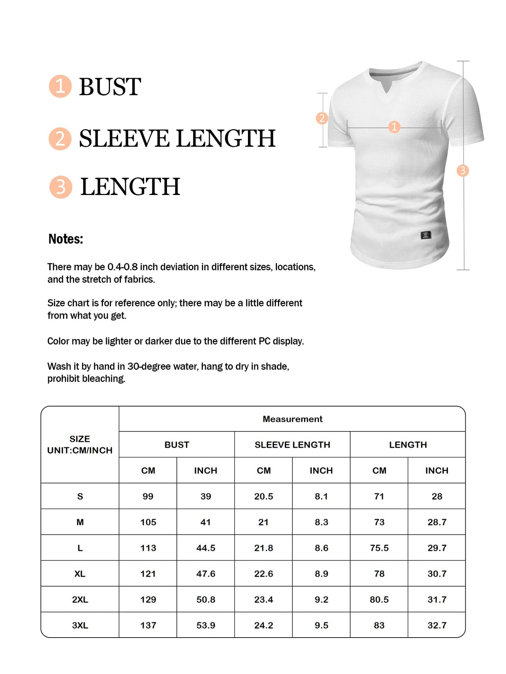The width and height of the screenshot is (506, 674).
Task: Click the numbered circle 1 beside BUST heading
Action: point(60,86)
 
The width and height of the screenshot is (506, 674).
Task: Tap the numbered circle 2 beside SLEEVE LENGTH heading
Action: point(60,138)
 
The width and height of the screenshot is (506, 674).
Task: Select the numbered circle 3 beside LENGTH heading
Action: point(61,187)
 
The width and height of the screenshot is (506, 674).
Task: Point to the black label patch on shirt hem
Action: point(425,235)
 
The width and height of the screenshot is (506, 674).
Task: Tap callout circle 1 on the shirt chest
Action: point(394,127)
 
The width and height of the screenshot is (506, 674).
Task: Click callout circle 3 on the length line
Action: point(463,171)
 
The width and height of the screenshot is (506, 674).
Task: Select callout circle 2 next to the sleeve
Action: point(322,118)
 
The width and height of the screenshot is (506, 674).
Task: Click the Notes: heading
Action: point(65,239)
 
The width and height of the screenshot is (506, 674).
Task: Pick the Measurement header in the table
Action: point(292,419)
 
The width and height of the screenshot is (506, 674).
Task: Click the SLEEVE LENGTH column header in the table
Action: point(292,445)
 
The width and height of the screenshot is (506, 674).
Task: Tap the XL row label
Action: point(80,574)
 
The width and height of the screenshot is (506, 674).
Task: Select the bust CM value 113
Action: point(148,548)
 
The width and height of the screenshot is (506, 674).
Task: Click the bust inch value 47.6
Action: point(206,574)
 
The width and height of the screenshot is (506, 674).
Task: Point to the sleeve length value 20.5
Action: point(263,496)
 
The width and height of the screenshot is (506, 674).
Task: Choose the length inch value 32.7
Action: point(437,625)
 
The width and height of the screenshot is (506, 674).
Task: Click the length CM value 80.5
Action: point(379,599)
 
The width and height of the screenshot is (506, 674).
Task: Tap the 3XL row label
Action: point(80,625)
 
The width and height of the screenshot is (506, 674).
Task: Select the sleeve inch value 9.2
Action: point(321,599)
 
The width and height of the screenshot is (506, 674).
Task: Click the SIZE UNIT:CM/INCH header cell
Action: point(80,445)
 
